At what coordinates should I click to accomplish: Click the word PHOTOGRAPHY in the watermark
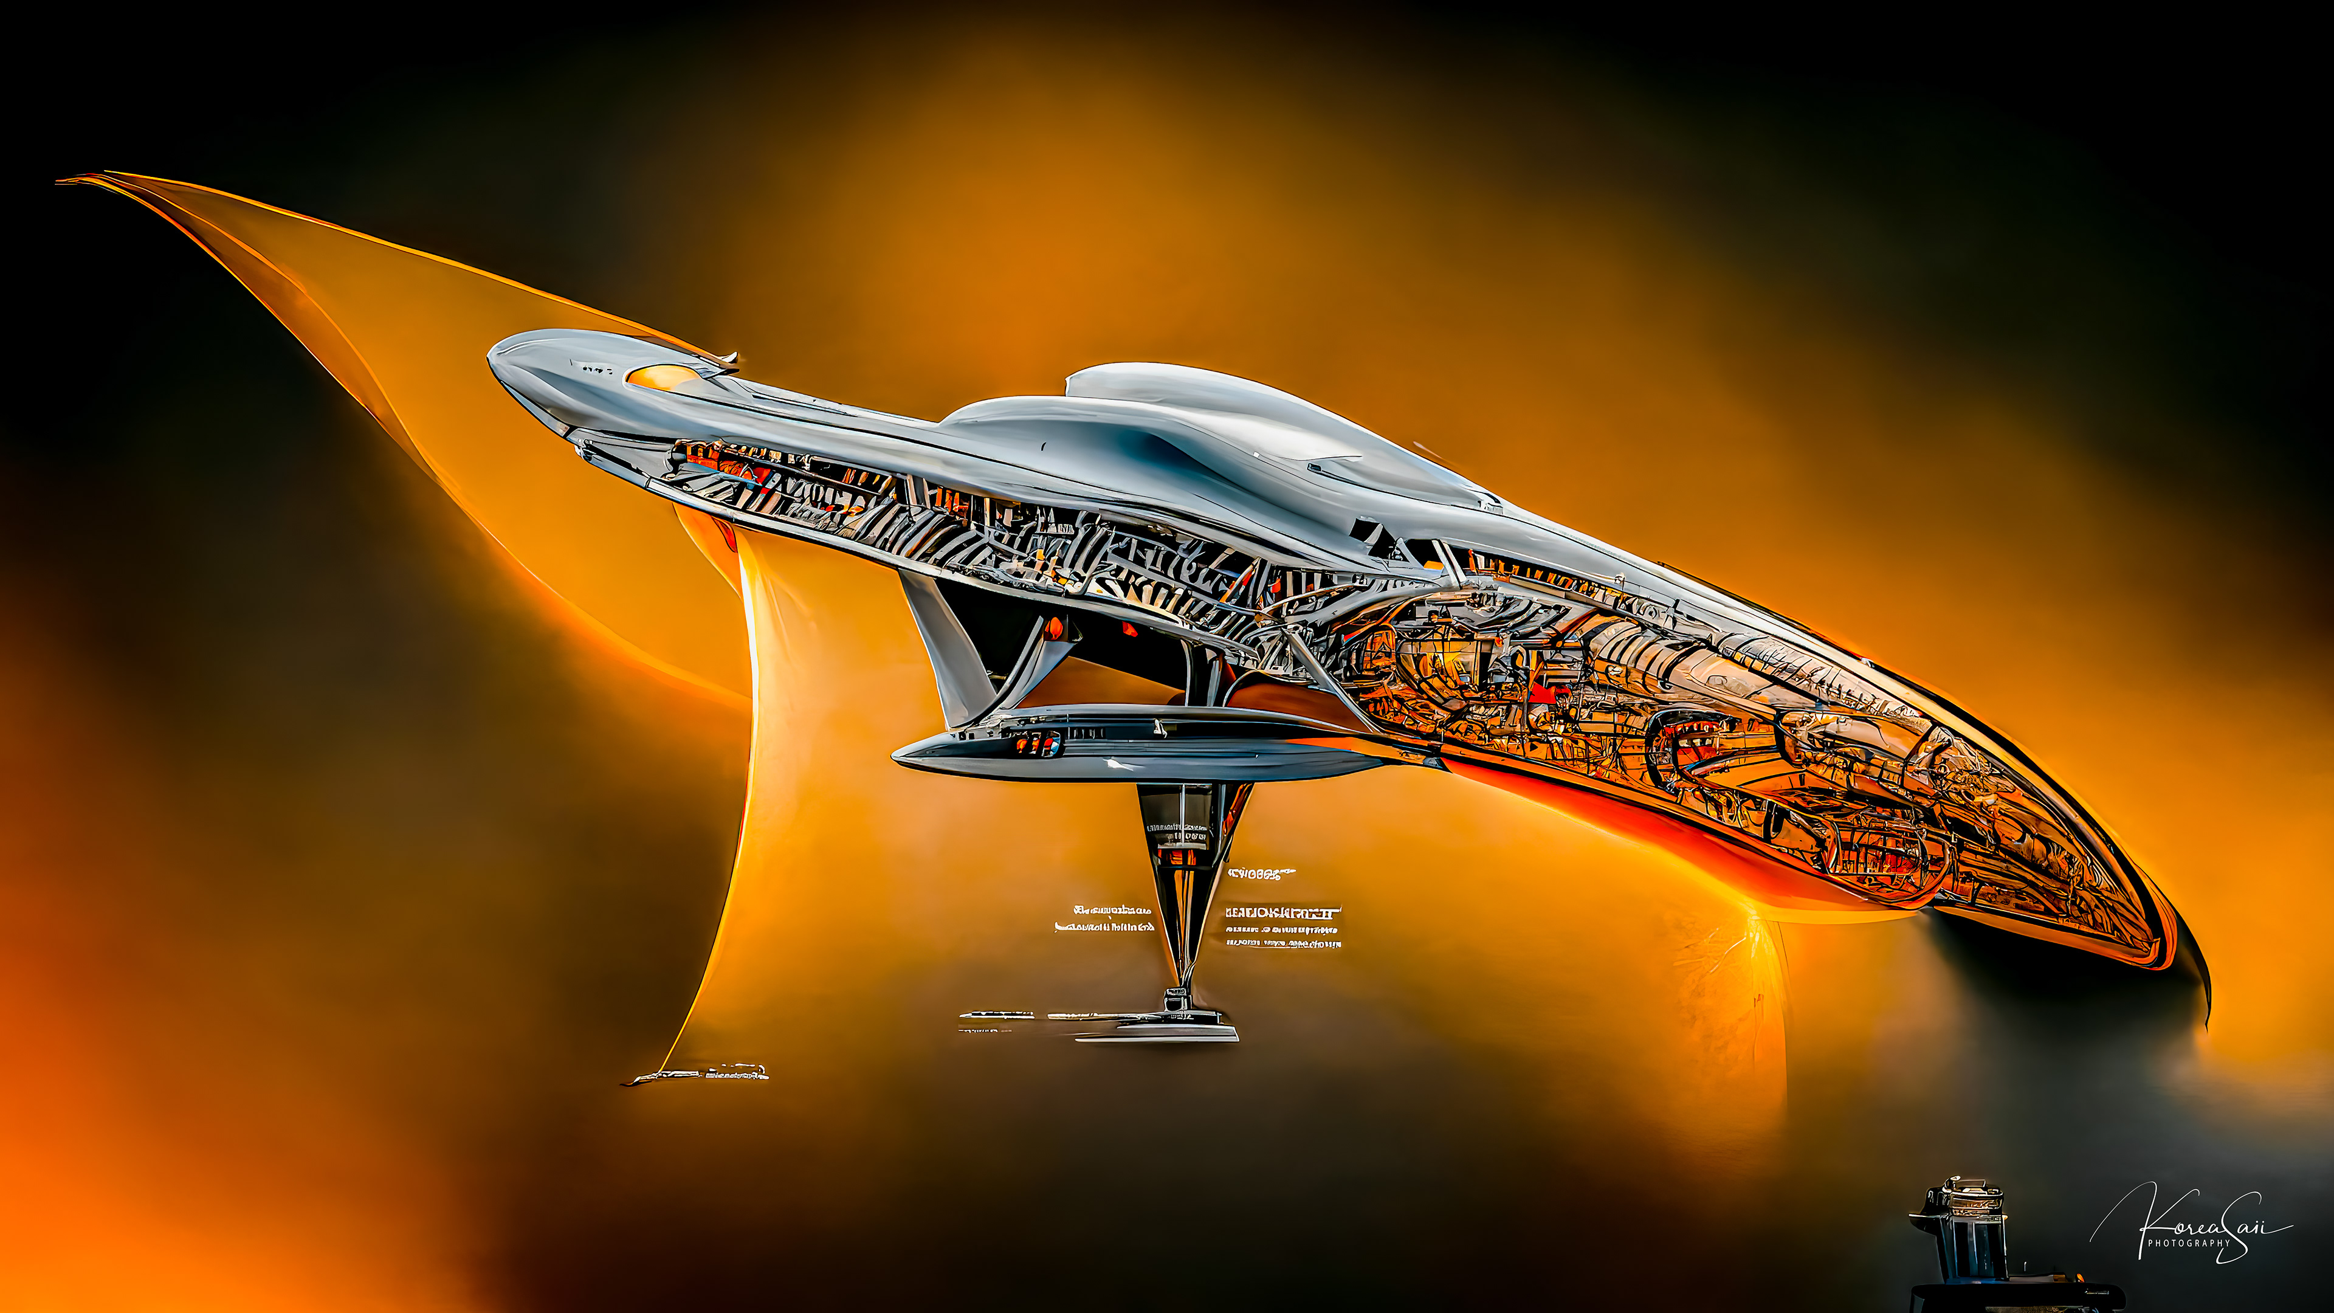(x=2188, y=1243)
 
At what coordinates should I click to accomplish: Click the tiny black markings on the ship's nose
(x=596, y=369)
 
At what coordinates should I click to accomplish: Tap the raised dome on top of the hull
(x=1169, y=385)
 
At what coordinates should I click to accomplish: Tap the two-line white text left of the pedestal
(x=1104, y=918)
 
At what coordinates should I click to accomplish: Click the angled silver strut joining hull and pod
(x=942, y=648)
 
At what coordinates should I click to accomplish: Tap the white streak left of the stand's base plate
(x=997, y=1016)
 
